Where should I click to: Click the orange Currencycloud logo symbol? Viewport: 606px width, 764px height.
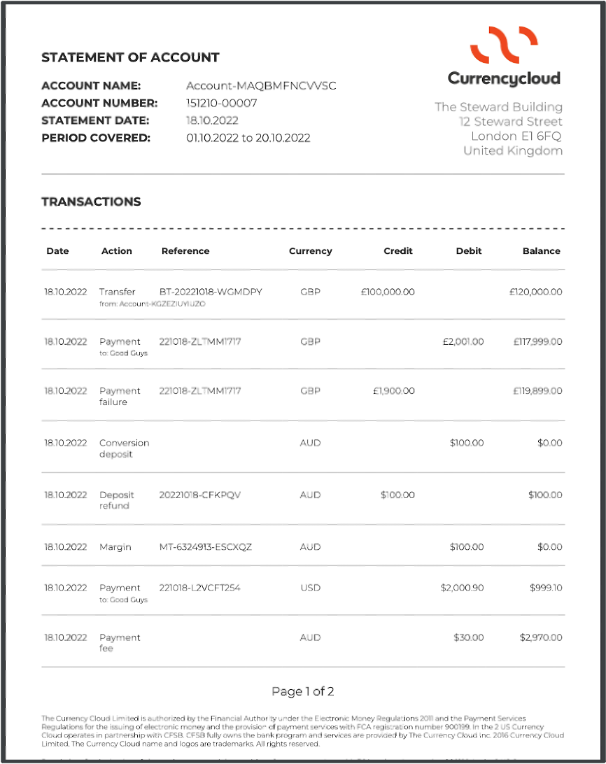tap(503, 44)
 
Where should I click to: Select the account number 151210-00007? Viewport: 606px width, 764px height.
tap(222, 103)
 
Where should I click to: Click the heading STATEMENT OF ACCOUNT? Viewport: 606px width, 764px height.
tap(130, 57)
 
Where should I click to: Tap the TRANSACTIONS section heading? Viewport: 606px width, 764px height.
tap(91, 201)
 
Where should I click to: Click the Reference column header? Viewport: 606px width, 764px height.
tap(185, 251)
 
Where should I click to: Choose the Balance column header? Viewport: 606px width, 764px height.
tap(541, 251)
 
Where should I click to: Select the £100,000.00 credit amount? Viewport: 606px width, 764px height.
tap(388, 292)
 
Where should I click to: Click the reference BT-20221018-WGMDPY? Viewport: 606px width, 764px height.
tap(211, 292)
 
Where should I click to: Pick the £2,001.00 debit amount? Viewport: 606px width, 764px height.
tap(463, 341)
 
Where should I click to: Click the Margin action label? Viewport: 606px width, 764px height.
tap(115, 547)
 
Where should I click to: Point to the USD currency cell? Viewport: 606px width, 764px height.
tap(310, 588)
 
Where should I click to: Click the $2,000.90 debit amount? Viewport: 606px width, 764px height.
tap(462, 588)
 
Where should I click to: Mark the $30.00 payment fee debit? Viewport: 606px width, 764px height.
tap(468, 637)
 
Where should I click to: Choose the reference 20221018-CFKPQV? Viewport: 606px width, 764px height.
tap(200, 495)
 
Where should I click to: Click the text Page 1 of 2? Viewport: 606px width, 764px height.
tap(303, 692)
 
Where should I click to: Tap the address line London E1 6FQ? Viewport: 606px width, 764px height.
tap(516, 136)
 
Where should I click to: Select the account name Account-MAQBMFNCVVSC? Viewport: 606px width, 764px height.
tap(261, 85)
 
